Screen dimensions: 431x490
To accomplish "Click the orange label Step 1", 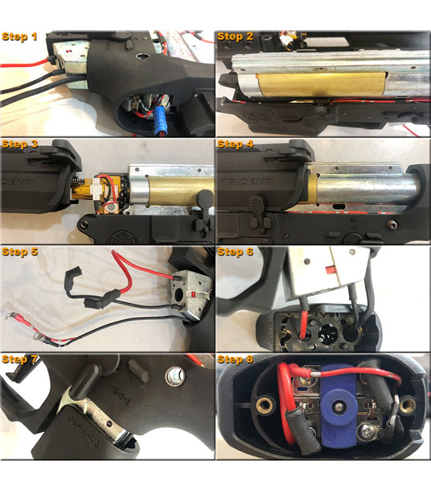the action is click(x=20, y=37).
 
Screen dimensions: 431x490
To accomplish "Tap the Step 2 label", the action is click(x=235, y=37).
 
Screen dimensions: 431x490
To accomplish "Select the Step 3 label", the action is click(x=20, y=144).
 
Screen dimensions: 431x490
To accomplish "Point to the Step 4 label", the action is click(x=235, y=144).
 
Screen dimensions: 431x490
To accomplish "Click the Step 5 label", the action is click(x=20, y=252).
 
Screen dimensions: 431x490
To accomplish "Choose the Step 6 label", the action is click(x=235, y=252).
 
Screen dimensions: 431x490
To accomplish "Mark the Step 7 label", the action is click(x=20, y=359).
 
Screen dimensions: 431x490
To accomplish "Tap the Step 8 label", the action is click(x=235, y=359).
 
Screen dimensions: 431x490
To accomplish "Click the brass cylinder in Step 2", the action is click(x=321, y=83).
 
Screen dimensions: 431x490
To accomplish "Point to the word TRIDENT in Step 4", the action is click(x=246, y=181).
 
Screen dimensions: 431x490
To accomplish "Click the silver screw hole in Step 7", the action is click(x=175, y=376).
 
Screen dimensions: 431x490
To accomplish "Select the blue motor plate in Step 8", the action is click(x=339, y=407).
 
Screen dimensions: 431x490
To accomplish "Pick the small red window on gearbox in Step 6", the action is click(x=330, y=269).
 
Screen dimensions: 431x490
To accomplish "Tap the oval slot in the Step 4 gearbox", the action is click(x=339, y=207).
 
